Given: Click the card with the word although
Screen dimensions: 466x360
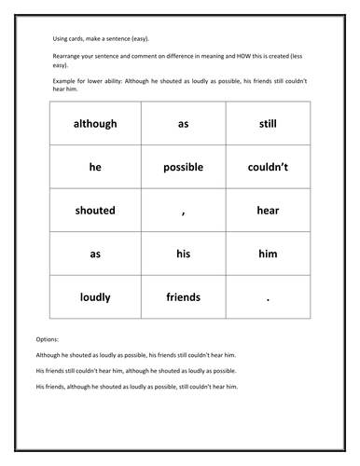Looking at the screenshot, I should (x=94, y=123).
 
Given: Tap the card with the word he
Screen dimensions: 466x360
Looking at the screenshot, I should (x=94, y=167).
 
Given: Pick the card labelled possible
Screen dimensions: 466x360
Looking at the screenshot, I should (x=183, y=167).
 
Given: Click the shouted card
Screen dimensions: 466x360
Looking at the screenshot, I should (x=94, y=211).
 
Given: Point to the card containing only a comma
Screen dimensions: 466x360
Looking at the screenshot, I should (x=183, y=211).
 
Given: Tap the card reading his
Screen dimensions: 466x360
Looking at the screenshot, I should (x=183, y=254).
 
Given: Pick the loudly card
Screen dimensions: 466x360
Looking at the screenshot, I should (x=94, y=297).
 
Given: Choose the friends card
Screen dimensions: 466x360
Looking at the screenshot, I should (x=183, y=297).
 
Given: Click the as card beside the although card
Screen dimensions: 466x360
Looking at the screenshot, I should (x=183, y=123).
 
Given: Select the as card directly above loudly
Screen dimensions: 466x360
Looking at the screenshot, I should (x=94, y=254).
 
